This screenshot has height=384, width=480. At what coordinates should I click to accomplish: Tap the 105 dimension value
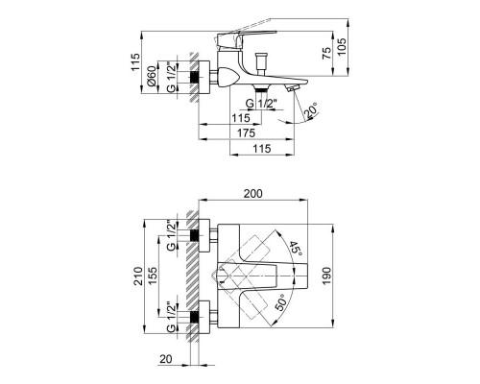[x=354, y=46]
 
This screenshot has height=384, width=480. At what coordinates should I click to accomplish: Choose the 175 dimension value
[x=248, y=132]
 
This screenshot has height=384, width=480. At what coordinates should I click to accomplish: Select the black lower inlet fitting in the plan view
[x=197, y=316]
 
